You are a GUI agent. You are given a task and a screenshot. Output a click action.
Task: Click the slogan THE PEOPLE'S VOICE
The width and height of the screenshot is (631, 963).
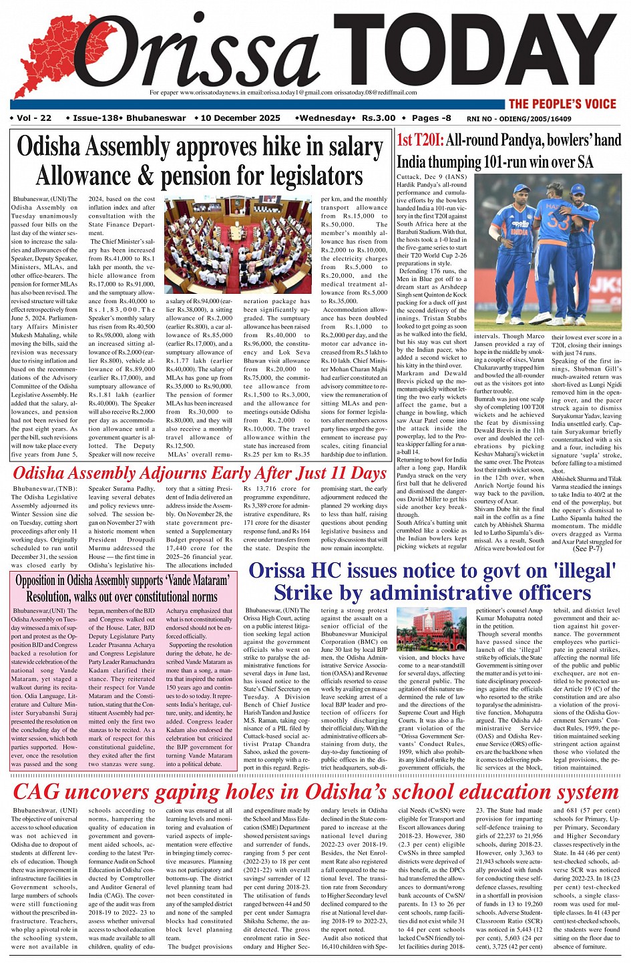tap(562, 104)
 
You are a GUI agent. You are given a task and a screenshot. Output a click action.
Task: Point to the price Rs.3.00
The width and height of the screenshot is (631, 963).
tap(379, 118)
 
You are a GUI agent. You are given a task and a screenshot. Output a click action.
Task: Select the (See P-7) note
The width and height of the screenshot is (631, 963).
tap(588, 548)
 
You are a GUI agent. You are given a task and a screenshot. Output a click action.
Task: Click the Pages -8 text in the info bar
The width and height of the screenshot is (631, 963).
tap(431, 118)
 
